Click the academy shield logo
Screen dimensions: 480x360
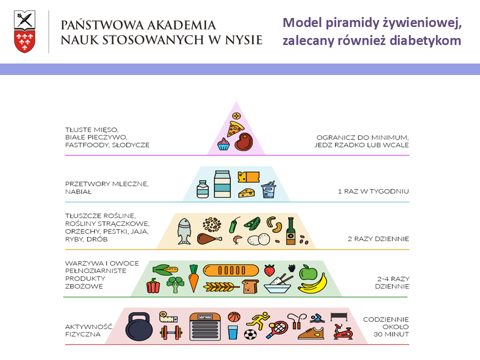[x=24, y=31]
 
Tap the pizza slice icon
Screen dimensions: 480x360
[x=235, y=129]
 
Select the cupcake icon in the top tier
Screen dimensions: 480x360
[x=223, y=144]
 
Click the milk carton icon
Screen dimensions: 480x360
[x=222, y=184]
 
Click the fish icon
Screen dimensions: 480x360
[x=184, y=231]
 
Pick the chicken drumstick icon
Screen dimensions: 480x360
[x=209, y=239]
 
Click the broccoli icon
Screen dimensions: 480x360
[x=175, y=284]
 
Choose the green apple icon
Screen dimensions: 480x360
[x=308, y=272]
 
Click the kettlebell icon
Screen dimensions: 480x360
[x=139, y=326]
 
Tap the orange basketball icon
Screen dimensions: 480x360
[x=234, y=317]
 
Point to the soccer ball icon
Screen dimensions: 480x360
[x=250, y=334]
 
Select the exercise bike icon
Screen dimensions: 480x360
[x=343, y=332]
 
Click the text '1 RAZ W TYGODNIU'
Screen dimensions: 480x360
[x=373, y=191]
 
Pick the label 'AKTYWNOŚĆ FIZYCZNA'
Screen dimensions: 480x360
[x=89, y=330]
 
